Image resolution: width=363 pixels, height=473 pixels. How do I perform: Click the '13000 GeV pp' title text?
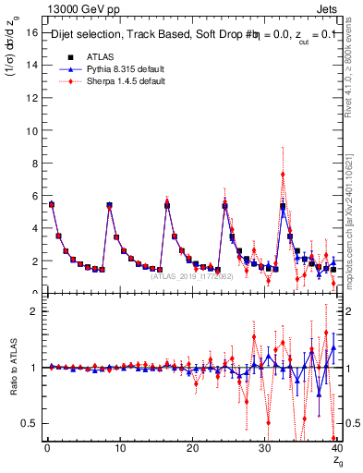(83, 9)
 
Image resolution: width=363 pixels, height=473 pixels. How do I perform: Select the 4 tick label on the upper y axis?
(34, 228)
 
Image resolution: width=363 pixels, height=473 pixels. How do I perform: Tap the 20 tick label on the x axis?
(192, 450)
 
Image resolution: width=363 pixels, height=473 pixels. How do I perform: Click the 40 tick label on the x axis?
(337, 450)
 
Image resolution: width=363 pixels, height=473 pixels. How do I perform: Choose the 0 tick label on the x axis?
(47, 450)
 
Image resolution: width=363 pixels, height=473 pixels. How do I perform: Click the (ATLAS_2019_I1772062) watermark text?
(191, 276)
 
